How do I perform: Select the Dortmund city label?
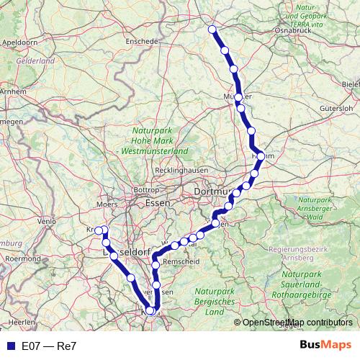coord(212,192)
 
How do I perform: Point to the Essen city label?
coord(157,203)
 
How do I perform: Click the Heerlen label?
coord(21,318)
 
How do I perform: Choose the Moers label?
coord(107,204)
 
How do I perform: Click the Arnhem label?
coord(13,92)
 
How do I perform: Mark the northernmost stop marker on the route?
coord(212,30)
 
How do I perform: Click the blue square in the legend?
coord(10,346)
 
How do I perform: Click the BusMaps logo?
coord(325,346)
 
